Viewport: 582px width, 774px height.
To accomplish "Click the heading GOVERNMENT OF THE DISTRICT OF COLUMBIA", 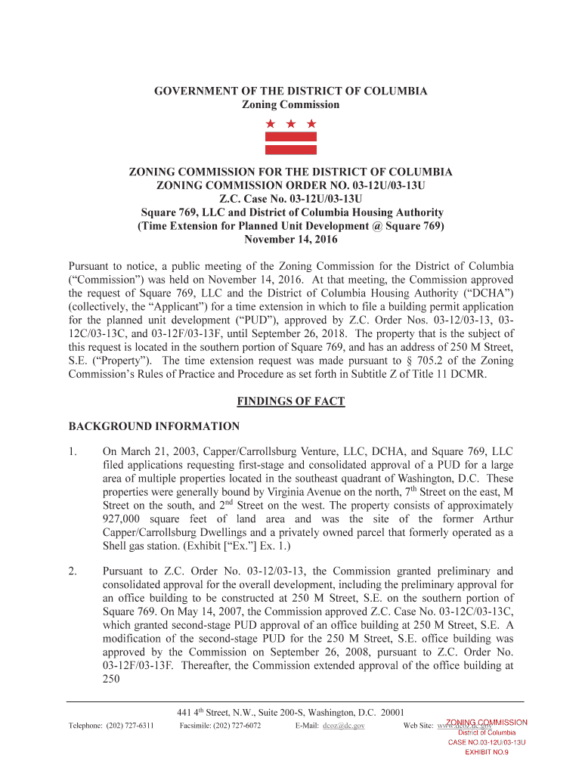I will point(290,91).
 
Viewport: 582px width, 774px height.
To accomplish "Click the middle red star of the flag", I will point(290,123).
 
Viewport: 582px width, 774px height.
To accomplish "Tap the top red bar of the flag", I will point(290,138).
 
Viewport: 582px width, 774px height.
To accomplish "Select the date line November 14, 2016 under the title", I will point(290,240).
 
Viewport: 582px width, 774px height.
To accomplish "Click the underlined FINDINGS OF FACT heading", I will point(290,401).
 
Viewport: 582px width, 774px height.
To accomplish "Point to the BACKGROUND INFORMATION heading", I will point(154,426).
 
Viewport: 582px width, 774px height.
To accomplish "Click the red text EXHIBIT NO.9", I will point(486,753).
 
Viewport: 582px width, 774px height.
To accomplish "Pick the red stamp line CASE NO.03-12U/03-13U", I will point(486,742).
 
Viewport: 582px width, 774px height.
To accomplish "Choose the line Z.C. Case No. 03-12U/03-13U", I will point(290,199).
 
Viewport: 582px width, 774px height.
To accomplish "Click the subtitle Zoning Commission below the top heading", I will point(290,105).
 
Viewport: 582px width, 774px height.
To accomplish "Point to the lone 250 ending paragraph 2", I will point(111,680).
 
